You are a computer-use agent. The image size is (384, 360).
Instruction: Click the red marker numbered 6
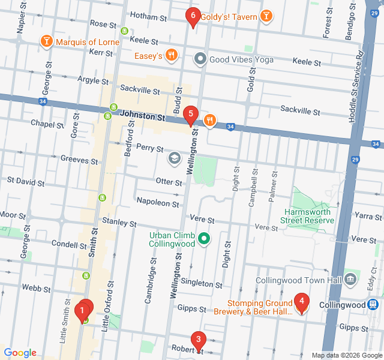(x=192, y=17)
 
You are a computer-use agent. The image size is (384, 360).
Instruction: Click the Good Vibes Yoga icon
(x=200, y=59)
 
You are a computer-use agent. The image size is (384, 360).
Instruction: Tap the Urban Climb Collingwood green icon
(x=204, y=239)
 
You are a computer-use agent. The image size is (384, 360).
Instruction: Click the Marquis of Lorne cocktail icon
(x=46, y=41)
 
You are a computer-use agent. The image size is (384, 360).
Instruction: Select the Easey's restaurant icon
(x=172, y=56)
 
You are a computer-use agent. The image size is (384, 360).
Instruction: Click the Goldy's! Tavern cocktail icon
(x=266, y=16)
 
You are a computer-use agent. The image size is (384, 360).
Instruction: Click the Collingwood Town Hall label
(x=298, y=280)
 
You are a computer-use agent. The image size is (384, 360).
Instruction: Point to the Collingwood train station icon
(x=374, y=305)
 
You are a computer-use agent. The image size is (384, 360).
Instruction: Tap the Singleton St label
(x=202, y=283)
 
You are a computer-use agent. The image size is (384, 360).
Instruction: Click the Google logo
(x=20, y=353)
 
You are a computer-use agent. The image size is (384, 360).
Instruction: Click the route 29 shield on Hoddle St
(x=355, y=160)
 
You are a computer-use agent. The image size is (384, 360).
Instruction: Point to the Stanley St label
(x=119, y=223)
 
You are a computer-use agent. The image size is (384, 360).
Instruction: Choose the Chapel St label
(x=47, y=124)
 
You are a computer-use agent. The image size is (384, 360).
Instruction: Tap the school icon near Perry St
(x=175, y=158)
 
